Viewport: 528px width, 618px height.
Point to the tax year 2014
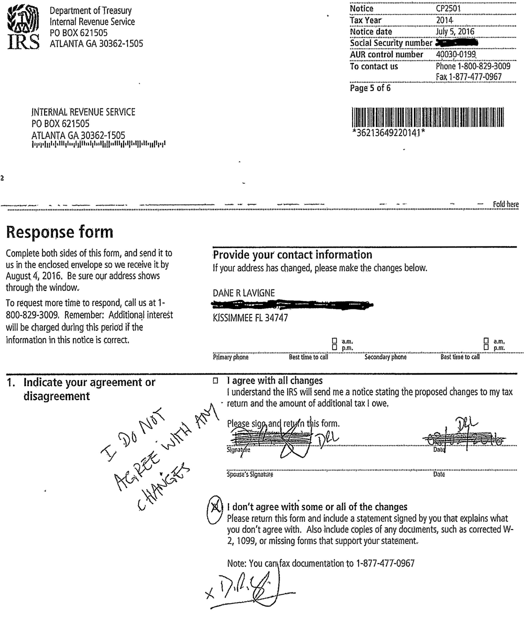click(x=444, y=20)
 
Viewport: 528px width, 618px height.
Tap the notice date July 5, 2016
click(x=455, y=31)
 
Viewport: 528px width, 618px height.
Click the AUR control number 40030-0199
click(x=455, y=54)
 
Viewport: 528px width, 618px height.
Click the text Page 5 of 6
click(x=370, y=88)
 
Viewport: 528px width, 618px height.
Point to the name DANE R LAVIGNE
click(x=244, y=293)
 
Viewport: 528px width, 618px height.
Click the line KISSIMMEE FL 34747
click(x=250, y=318)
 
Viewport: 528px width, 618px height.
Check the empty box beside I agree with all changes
click(x=215, y=381)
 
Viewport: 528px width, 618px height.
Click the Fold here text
click(x=505, y=204)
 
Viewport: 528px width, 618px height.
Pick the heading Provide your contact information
click(x=292, y=254)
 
